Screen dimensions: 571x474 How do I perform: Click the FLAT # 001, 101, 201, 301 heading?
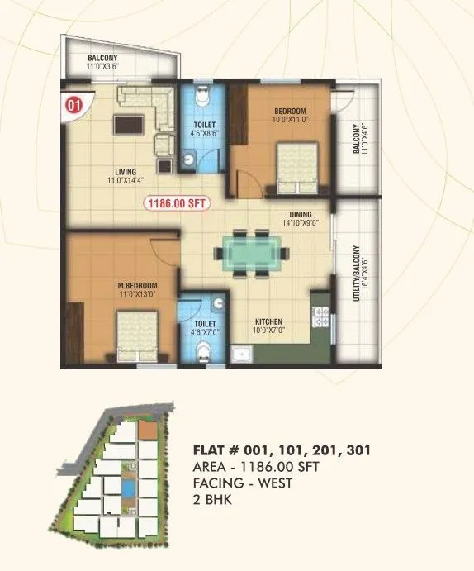(x=281, y=451)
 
